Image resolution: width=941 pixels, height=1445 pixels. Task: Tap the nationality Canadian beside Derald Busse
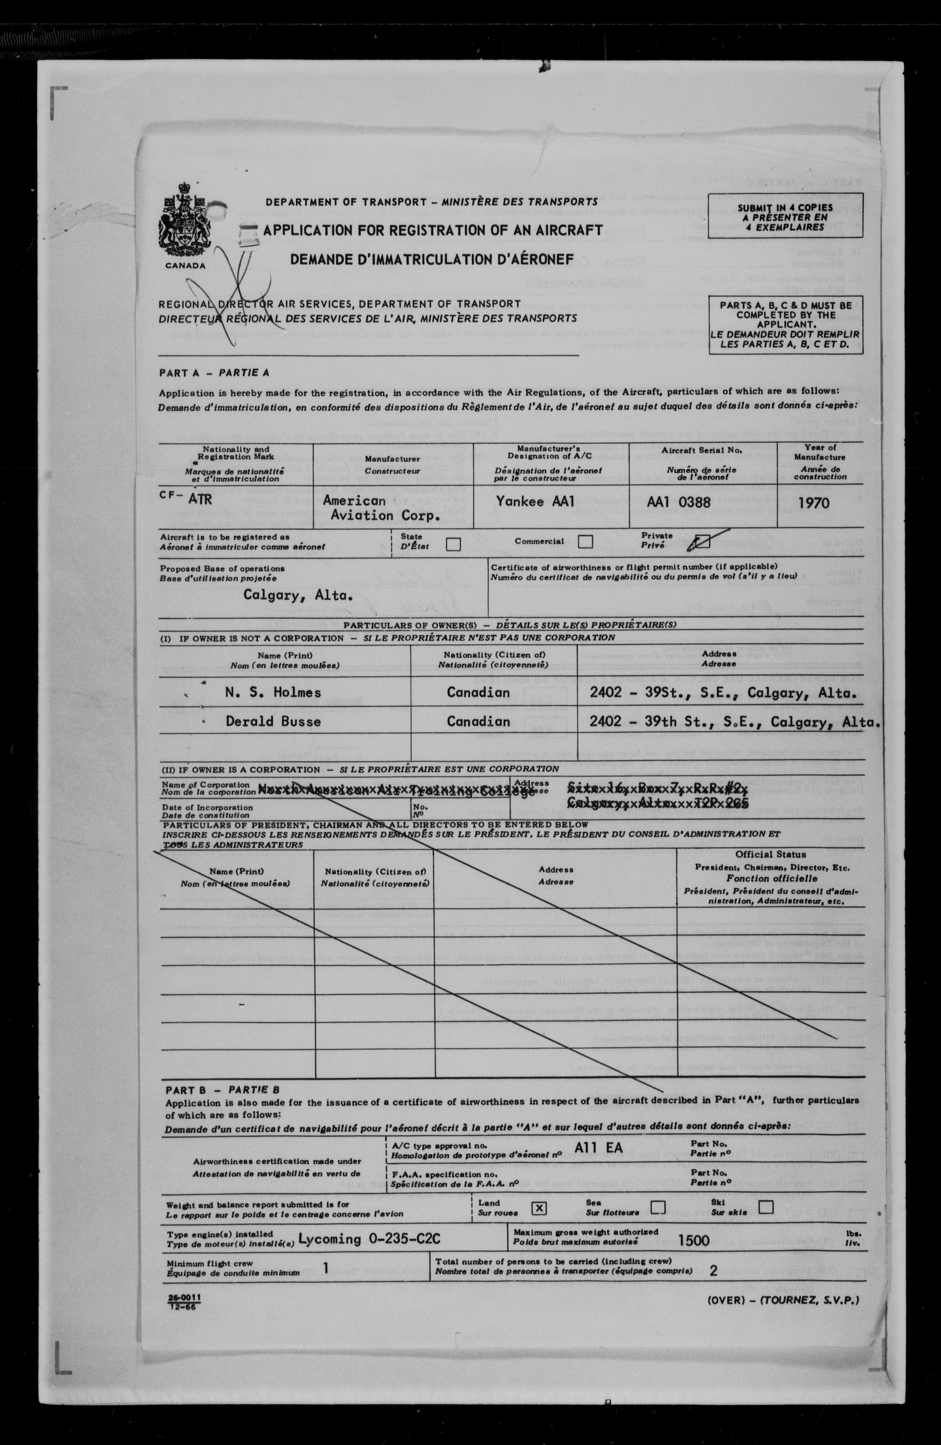(478, 721)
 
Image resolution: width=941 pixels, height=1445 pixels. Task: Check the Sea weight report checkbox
(658, 1207)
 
